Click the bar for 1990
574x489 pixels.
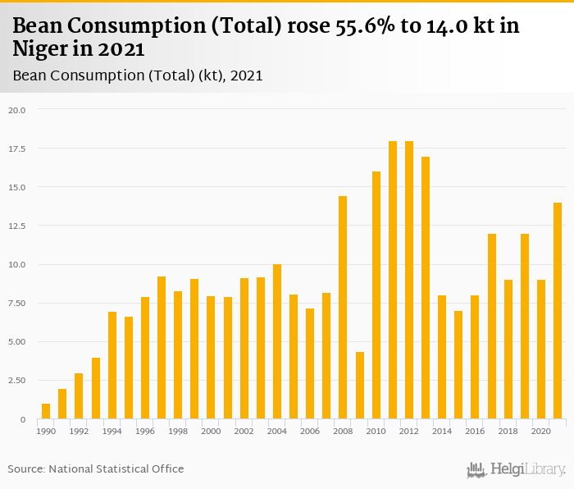coord(46,411)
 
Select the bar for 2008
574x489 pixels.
coord(343,308)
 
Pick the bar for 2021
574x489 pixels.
coord(558,311)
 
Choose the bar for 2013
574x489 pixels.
coord(426,288)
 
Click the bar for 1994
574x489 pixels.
coord(112,365)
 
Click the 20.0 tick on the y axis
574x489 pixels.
coord(17,110)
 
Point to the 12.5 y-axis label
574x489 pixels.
coord(17,226)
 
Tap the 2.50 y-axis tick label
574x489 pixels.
coord(17,381)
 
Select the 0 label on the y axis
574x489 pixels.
coord(23,419)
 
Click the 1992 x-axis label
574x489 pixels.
coord(80,431)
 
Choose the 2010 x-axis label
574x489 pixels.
coord(376,431)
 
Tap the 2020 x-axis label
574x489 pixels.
coord(541,431)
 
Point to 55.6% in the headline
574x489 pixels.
coord(370,25)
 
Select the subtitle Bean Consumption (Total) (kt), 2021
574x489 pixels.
coord(138,75)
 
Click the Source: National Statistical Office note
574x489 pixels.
coord(96,468)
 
